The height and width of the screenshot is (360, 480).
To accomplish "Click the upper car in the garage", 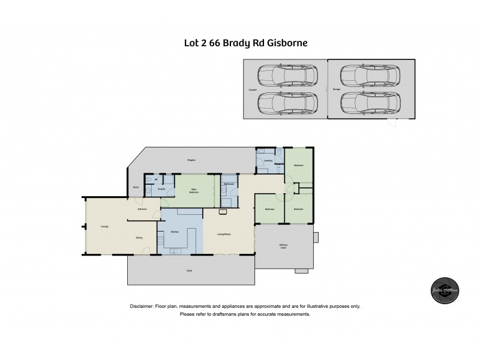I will click(370, 76).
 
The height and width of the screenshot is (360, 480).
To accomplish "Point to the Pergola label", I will click(191, 160).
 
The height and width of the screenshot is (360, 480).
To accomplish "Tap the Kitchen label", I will click(176, 231).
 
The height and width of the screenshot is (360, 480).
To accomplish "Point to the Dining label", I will click(139, 238).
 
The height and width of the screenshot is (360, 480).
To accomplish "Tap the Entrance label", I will click(142, 209).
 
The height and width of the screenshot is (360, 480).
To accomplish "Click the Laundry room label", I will click(268, 161).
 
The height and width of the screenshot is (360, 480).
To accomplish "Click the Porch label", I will click(137, 187).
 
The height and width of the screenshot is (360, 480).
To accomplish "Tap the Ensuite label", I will click(161, 189).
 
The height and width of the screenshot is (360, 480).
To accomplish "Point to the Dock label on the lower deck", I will click(189, 271).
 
